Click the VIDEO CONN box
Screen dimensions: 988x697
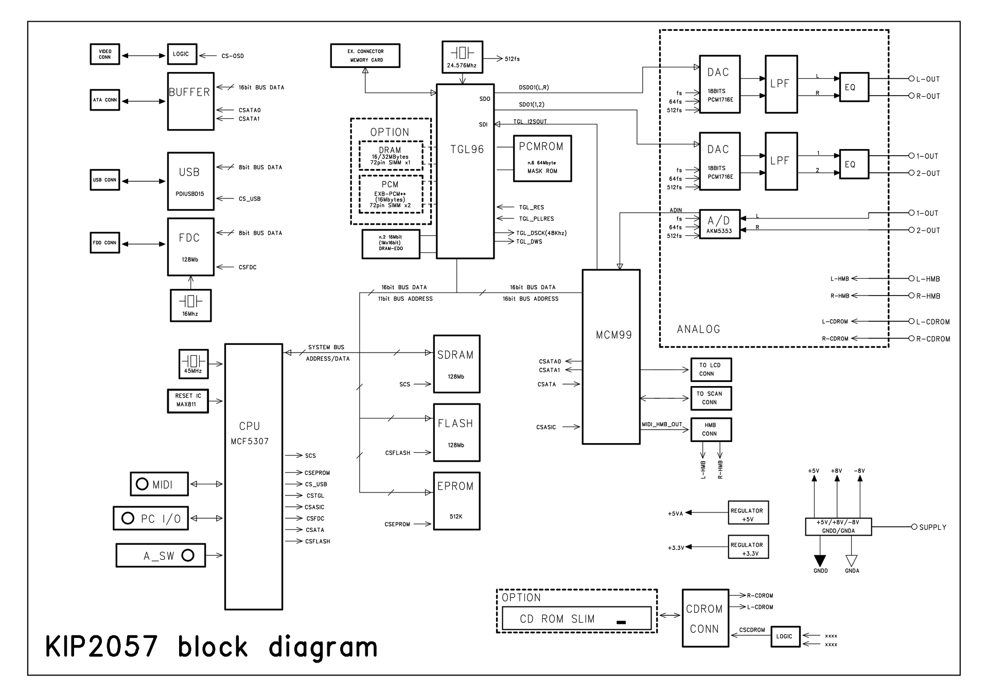[x=105, y=54]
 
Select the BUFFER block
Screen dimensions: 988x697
[x=190, y=101]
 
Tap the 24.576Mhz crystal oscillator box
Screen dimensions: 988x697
[x=462, y=57]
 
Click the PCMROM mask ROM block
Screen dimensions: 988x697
[x=542, y=158]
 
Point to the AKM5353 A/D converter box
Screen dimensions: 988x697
[x=719, y=225]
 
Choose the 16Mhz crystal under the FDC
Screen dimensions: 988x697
[x=190, y=305]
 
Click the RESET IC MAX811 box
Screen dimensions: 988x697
[x=188, y=401]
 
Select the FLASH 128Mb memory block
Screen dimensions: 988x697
[x=456, y=433]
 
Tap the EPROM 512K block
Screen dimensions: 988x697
[x=456, y=501]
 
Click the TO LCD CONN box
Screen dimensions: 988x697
[x=711, y=370]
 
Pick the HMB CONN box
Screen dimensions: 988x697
[x=711, y=429]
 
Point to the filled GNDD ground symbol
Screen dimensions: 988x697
[x=820, y=561]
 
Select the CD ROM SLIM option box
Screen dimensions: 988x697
[x=577, y=618]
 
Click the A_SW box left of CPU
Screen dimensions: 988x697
[x=161, y=556]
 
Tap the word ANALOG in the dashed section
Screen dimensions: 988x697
[x=698, y=329]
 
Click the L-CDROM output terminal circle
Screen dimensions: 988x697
[x=911, y=321]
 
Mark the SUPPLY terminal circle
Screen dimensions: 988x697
[x=914, y=527]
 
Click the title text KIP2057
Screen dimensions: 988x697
[x=101, y=647]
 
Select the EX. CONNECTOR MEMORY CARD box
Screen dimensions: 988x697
[x=365, y=56]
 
